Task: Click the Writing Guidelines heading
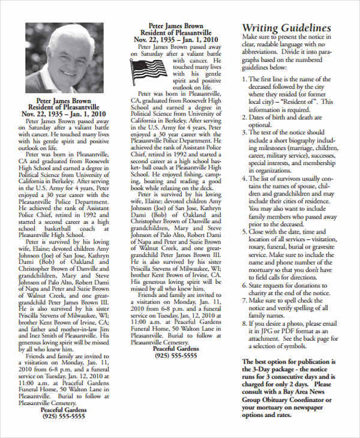pyautogui.click(x=286, y=28)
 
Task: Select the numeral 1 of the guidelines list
pyautogui.click(x=244, y=79)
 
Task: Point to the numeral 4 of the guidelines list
pyautogui.click(x=244, y=178)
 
